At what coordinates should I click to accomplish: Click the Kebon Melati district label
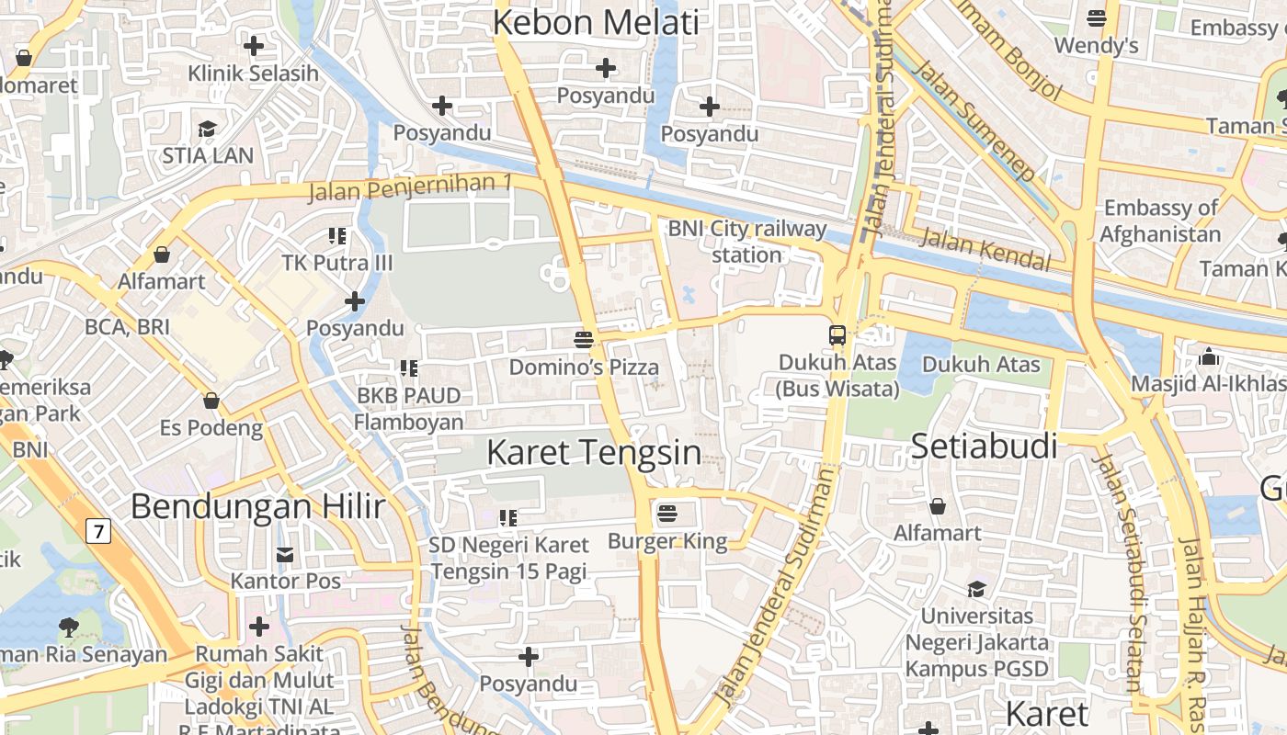pos(596,23)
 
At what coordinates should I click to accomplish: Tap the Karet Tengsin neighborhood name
pos(593,452)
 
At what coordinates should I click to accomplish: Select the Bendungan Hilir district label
pos(257,506)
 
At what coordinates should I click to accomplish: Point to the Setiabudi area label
pos(984,447)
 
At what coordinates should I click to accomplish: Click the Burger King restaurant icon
pos(667,512)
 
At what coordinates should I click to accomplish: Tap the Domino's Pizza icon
pos(583,339)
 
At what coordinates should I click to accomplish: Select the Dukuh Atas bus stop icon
pos(837,334)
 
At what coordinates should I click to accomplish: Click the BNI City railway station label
pos(746,241)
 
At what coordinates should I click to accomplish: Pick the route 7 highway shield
pos(98,531)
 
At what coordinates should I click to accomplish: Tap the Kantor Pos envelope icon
pos(285,554)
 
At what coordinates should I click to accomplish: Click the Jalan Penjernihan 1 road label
pos(410,187)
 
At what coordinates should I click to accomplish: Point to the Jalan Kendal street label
pos(985,250)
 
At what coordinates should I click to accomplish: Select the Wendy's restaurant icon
pos(1096,17)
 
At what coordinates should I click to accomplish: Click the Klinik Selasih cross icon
pos(253,45)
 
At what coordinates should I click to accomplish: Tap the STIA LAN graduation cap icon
pos(208,129)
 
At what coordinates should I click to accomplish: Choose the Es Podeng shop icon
pos(211,401)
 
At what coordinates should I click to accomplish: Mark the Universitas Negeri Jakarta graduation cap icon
pos(976,589)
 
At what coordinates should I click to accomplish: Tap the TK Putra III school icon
pos(337,236)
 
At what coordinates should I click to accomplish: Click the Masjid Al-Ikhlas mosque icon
pos(1209,356)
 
